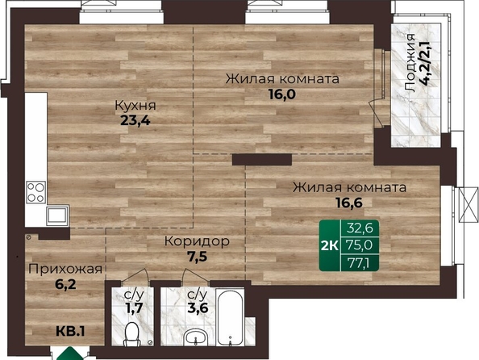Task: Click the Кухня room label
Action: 135,105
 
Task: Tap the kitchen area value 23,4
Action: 135,121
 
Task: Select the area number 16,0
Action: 282,94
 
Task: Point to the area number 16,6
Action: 349,203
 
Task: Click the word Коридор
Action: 197,241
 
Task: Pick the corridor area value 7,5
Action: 197,257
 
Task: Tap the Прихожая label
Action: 65,270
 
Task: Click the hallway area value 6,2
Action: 65,284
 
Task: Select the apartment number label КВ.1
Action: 71,331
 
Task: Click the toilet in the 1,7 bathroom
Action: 132,334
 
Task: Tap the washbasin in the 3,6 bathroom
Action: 196,337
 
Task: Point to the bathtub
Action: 230,318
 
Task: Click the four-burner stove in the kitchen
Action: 36,192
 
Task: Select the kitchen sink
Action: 57,216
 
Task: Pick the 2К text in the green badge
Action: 330,245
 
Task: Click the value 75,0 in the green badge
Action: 360,245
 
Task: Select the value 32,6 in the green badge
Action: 360,228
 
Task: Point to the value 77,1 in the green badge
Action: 359,263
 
